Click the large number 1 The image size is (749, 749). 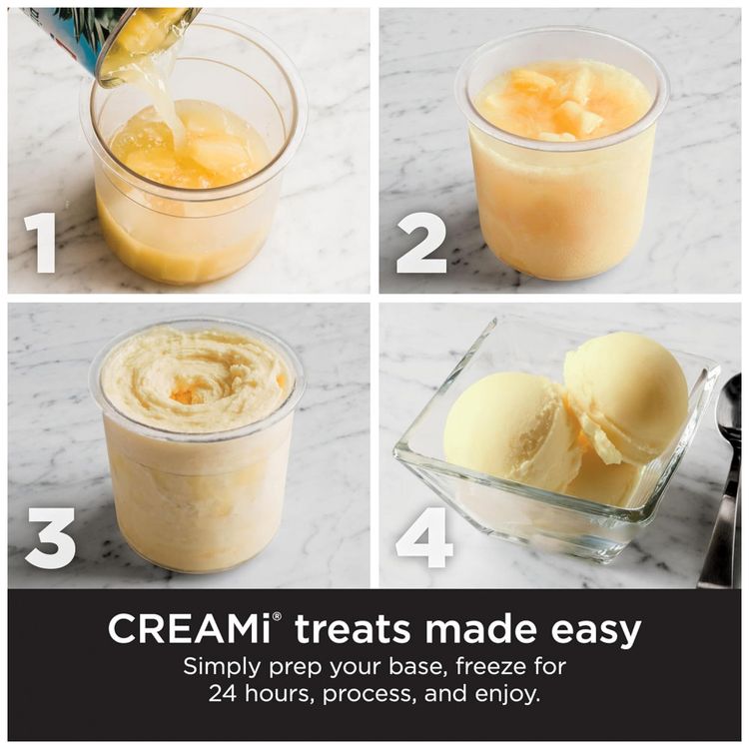pos(41,243)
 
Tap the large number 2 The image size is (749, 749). pos(421,243)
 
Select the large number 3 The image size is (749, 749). pos(50,538)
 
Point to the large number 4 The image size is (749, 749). pos(423,538)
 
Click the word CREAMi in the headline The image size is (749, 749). pos(190,629)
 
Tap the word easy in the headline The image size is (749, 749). pos(596,633)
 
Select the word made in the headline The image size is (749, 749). pos(482,629)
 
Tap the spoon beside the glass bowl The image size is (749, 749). pos(725,482)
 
